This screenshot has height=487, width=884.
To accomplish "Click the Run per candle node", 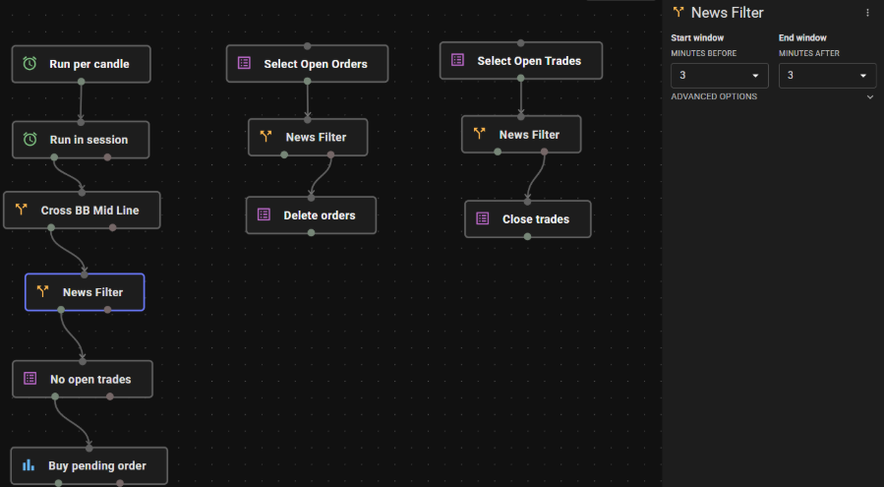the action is pyautogui.click(x=82, y=64).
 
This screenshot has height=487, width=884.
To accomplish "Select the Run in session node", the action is pyautogui.click(x=82, y=140).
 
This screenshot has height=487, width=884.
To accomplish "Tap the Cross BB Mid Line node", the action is pyautogui.click(x=82, y=211).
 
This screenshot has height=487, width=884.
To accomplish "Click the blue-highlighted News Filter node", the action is pyautogui.click(x=85, y=292).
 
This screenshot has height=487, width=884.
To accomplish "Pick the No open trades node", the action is pyautogui.click(x=83, y=379).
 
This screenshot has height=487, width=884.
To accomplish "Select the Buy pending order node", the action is pyautogui.click(x=89, y=466).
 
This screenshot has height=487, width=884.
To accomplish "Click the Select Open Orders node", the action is pyautogui.click(x=307, y=64).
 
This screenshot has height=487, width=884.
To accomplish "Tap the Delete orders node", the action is pyautogui.click(x=311, y=215).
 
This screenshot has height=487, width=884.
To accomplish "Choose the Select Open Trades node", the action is pyautogui.click(x=521, y=61).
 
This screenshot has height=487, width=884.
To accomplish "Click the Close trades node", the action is pyautogui.click(x=528, y=219).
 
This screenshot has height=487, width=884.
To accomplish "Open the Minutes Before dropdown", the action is pyautogui.click(x=720, y=76).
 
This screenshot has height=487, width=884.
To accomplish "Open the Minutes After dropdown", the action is pyautogui.click(x=827, y=76).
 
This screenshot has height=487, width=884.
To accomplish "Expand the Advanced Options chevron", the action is pyautogui.click(x=870, y=97).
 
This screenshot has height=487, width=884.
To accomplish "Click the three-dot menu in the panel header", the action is pyautogui.click(x=867, y=13).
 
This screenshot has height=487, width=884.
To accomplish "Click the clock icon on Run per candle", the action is pyautogui.click(x=29, y=64).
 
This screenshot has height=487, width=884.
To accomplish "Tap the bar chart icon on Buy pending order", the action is pyautogui.click(x=29, y=465).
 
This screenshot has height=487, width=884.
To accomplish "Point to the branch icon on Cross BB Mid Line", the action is pyautogui.click(x=22, y=210).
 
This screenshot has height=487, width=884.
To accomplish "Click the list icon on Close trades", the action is pyautogui.click(x=483, y=218).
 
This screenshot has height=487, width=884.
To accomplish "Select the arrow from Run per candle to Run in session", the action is pyautogui.click(x=82, y=102).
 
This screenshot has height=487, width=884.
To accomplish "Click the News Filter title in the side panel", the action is pyautogui.click(x=728, y=13).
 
